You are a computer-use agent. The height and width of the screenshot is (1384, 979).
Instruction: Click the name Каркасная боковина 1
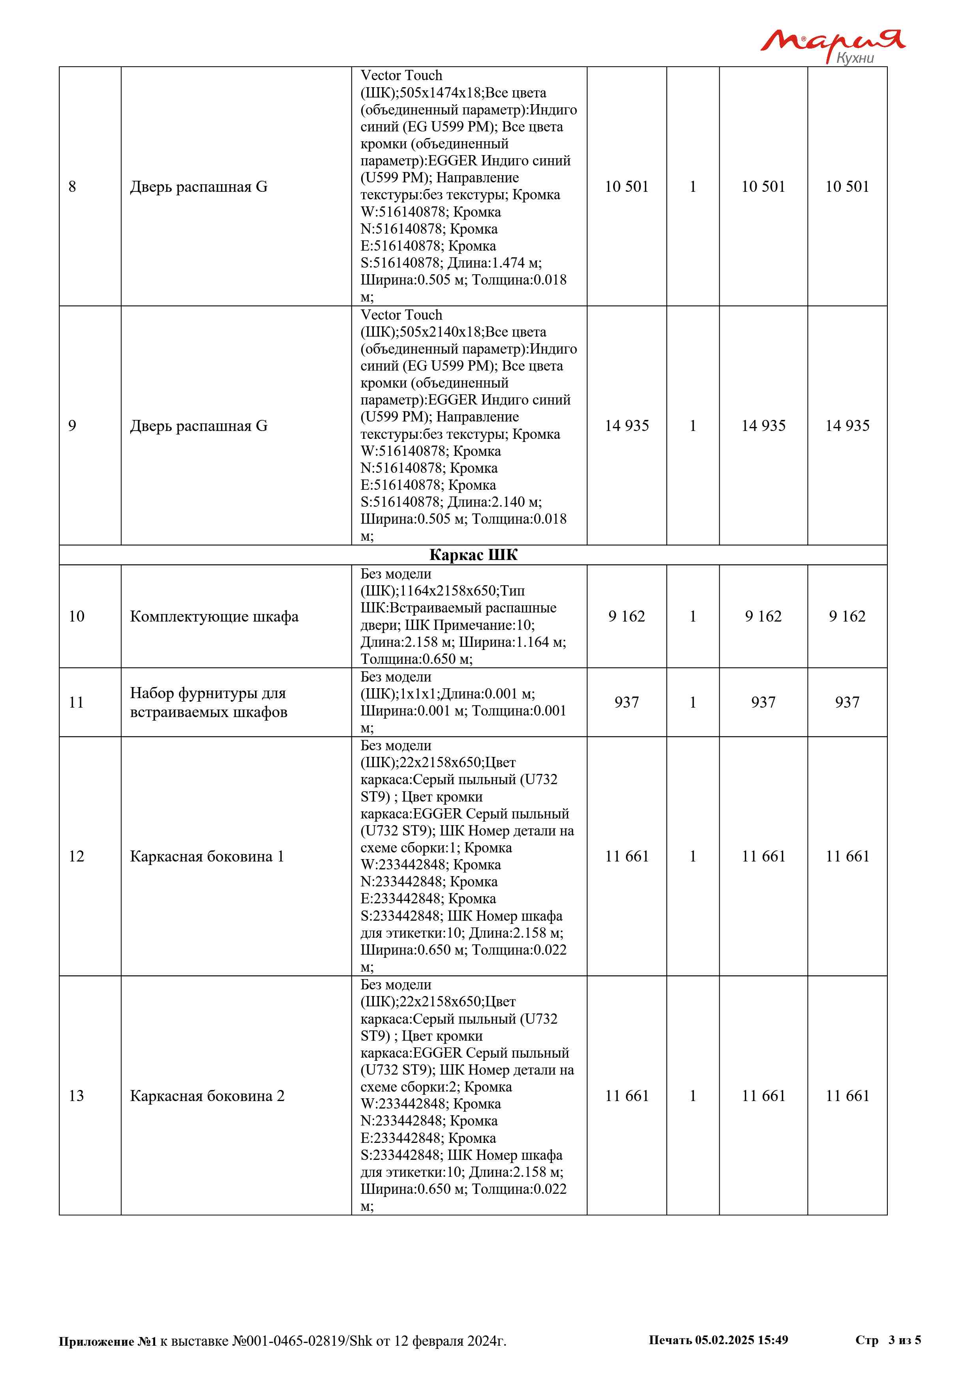coord(207,856)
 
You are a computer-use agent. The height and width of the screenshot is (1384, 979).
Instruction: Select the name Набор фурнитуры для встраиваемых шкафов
coord(208,702)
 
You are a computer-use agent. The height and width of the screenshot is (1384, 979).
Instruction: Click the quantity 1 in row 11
coord(693,702)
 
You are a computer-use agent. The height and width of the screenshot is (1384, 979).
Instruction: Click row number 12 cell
coord(77,856)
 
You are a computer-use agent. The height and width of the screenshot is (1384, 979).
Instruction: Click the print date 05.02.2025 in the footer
coord(724,1340)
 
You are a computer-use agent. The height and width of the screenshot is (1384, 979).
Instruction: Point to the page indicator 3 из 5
coord(904,1340)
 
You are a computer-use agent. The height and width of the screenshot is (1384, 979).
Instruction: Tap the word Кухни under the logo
coord(855,58)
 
